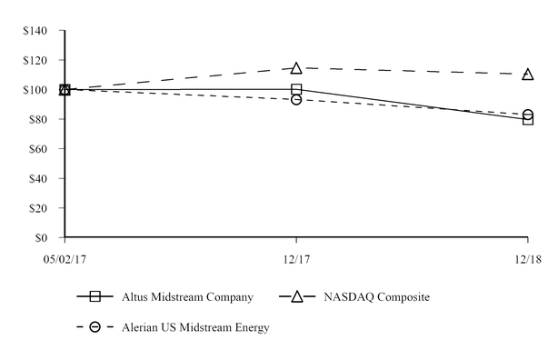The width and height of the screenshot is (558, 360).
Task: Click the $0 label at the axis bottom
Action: pos(47,238)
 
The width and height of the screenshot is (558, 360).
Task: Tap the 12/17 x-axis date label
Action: pos(296,260)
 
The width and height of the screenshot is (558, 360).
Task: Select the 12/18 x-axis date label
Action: pos(528,260)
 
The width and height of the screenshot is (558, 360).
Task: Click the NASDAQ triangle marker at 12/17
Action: pos(296,68)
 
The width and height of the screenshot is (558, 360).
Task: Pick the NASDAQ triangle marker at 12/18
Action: pos(528,74)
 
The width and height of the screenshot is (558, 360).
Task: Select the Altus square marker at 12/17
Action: pos(296,89)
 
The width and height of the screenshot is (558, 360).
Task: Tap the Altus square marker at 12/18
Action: pos(528,119)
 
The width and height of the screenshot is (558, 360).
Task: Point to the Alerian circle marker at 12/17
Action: pos(296,99)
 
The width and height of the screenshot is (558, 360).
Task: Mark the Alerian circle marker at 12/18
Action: pos(528,115)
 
